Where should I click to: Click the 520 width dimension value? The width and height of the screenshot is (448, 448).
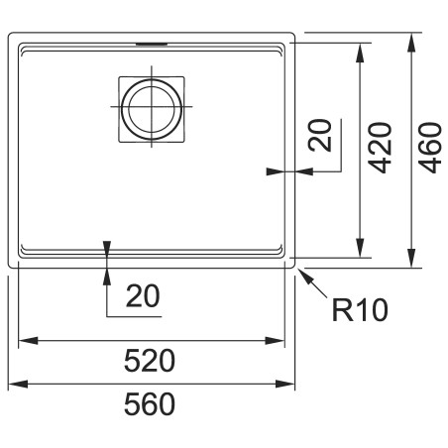[x=150, y=360]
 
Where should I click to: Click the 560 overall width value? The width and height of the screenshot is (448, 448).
[x=150, y=403]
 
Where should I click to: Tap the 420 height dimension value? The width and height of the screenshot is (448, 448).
[x=381, y=148]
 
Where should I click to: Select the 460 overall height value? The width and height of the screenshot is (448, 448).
[x=430, y=148]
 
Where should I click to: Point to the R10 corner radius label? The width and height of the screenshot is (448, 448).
[x=360, y=310]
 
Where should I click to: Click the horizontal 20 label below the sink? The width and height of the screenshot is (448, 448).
[x=143, y=296]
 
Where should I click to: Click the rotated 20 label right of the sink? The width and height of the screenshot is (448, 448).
[x=320, y=136]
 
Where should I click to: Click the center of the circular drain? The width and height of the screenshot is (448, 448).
[x=152, y=107]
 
